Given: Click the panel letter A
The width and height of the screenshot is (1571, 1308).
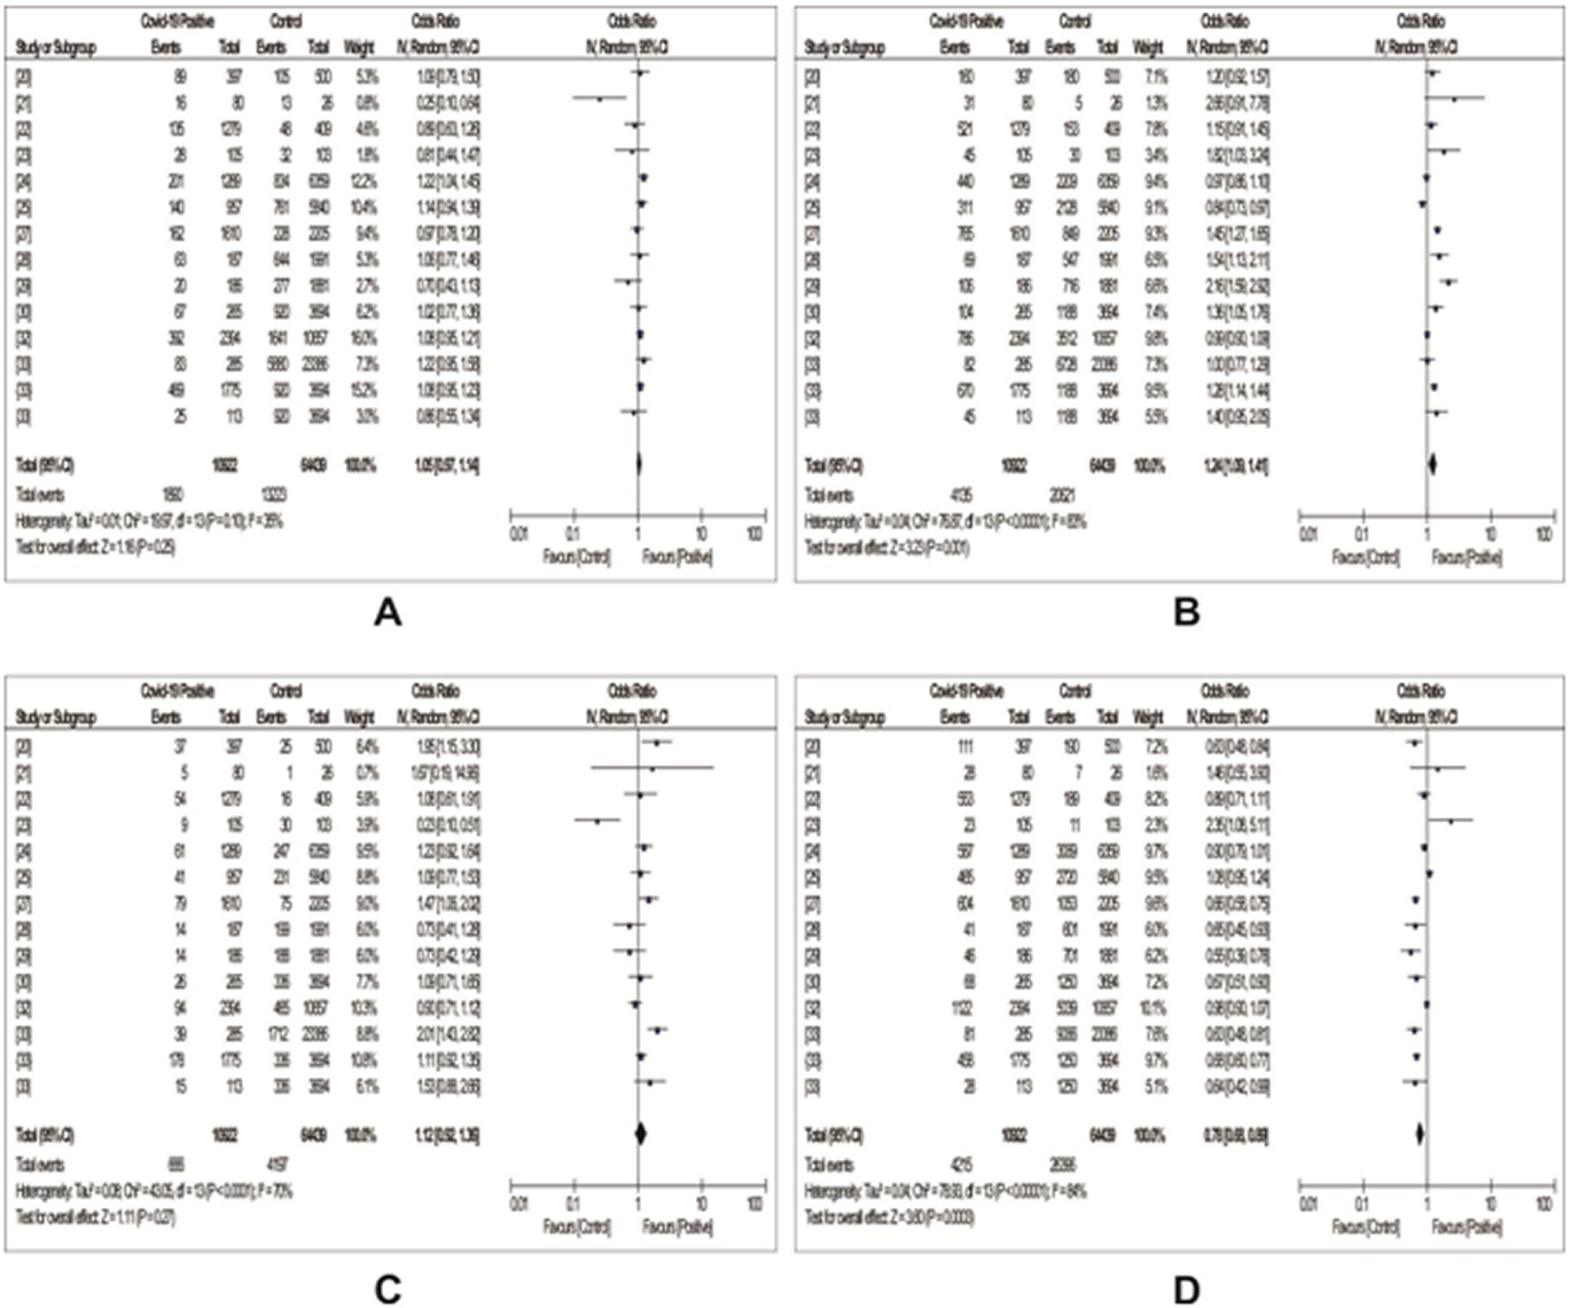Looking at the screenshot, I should click(x=388, y=613).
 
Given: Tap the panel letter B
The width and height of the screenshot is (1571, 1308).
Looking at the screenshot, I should click(x=1186, y=613).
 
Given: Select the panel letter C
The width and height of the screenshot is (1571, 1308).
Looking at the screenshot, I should click(x=388, y=1289).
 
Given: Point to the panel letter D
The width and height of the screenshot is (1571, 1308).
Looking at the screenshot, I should click(x=1186, y=1289).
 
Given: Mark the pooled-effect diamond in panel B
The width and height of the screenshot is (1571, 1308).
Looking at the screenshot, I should click(x=1432, y=464).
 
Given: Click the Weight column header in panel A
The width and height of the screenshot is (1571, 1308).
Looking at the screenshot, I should click(x=358, y=48).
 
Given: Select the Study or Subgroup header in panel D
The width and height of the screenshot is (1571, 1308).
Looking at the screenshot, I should click(x=843, y=717).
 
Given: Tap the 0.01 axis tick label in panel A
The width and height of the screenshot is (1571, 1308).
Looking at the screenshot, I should click(x=519, y=534).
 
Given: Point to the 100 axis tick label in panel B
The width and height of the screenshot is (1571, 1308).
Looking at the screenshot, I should click(x=1544, y=534).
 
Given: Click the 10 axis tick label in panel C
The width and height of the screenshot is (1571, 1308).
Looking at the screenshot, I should click(x=701, y=1204).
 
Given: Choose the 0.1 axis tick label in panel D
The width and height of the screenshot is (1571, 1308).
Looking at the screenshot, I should click(x=1361, y=1204).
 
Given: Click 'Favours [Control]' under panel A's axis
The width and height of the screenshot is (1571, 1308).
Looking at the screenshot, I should click(x=576, y=558).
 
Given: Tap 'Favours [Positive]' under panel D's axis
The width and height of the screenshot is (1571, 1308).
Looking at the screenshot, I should click(x=1466, y=1227).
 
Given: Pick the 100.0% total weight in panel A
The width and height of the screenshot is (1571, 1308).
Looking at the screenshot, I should click(x=359, y=465).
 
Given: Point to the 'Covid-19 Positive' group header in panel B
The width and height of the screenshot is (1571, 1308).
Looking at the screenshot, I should click(x=966, y=21).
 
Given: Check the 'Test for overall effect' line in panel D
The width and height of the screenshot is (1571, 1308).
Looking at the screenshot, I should click(x=888, y=1218).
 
